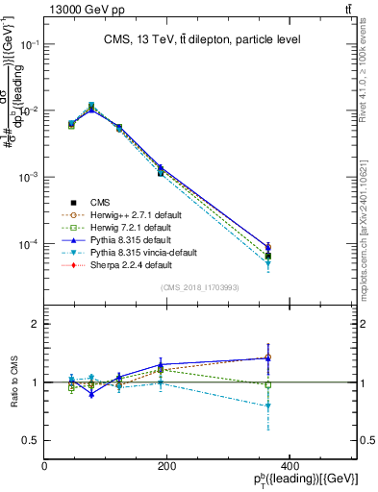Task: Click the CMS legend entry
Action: pyautogui.click(x=100, y=202)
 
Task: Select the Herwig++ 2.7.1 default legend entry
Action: pyautogui.click(x=134, y=214)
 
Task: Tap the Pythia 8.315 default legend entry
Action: pyautogui.click(x=130, y=239)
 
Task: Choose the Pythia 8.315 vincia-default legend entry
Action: pyautogui.click(x=143, y=252)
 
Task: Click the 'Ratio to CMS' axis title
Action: pyautogui.click(x=14, y=382)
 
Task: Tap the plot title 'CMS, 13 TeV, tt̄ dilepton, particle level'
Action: pyautogui.click(x=202, y=39)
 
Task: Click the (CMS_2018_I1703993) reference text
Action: pyautogui.click(x=200, y=287)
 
